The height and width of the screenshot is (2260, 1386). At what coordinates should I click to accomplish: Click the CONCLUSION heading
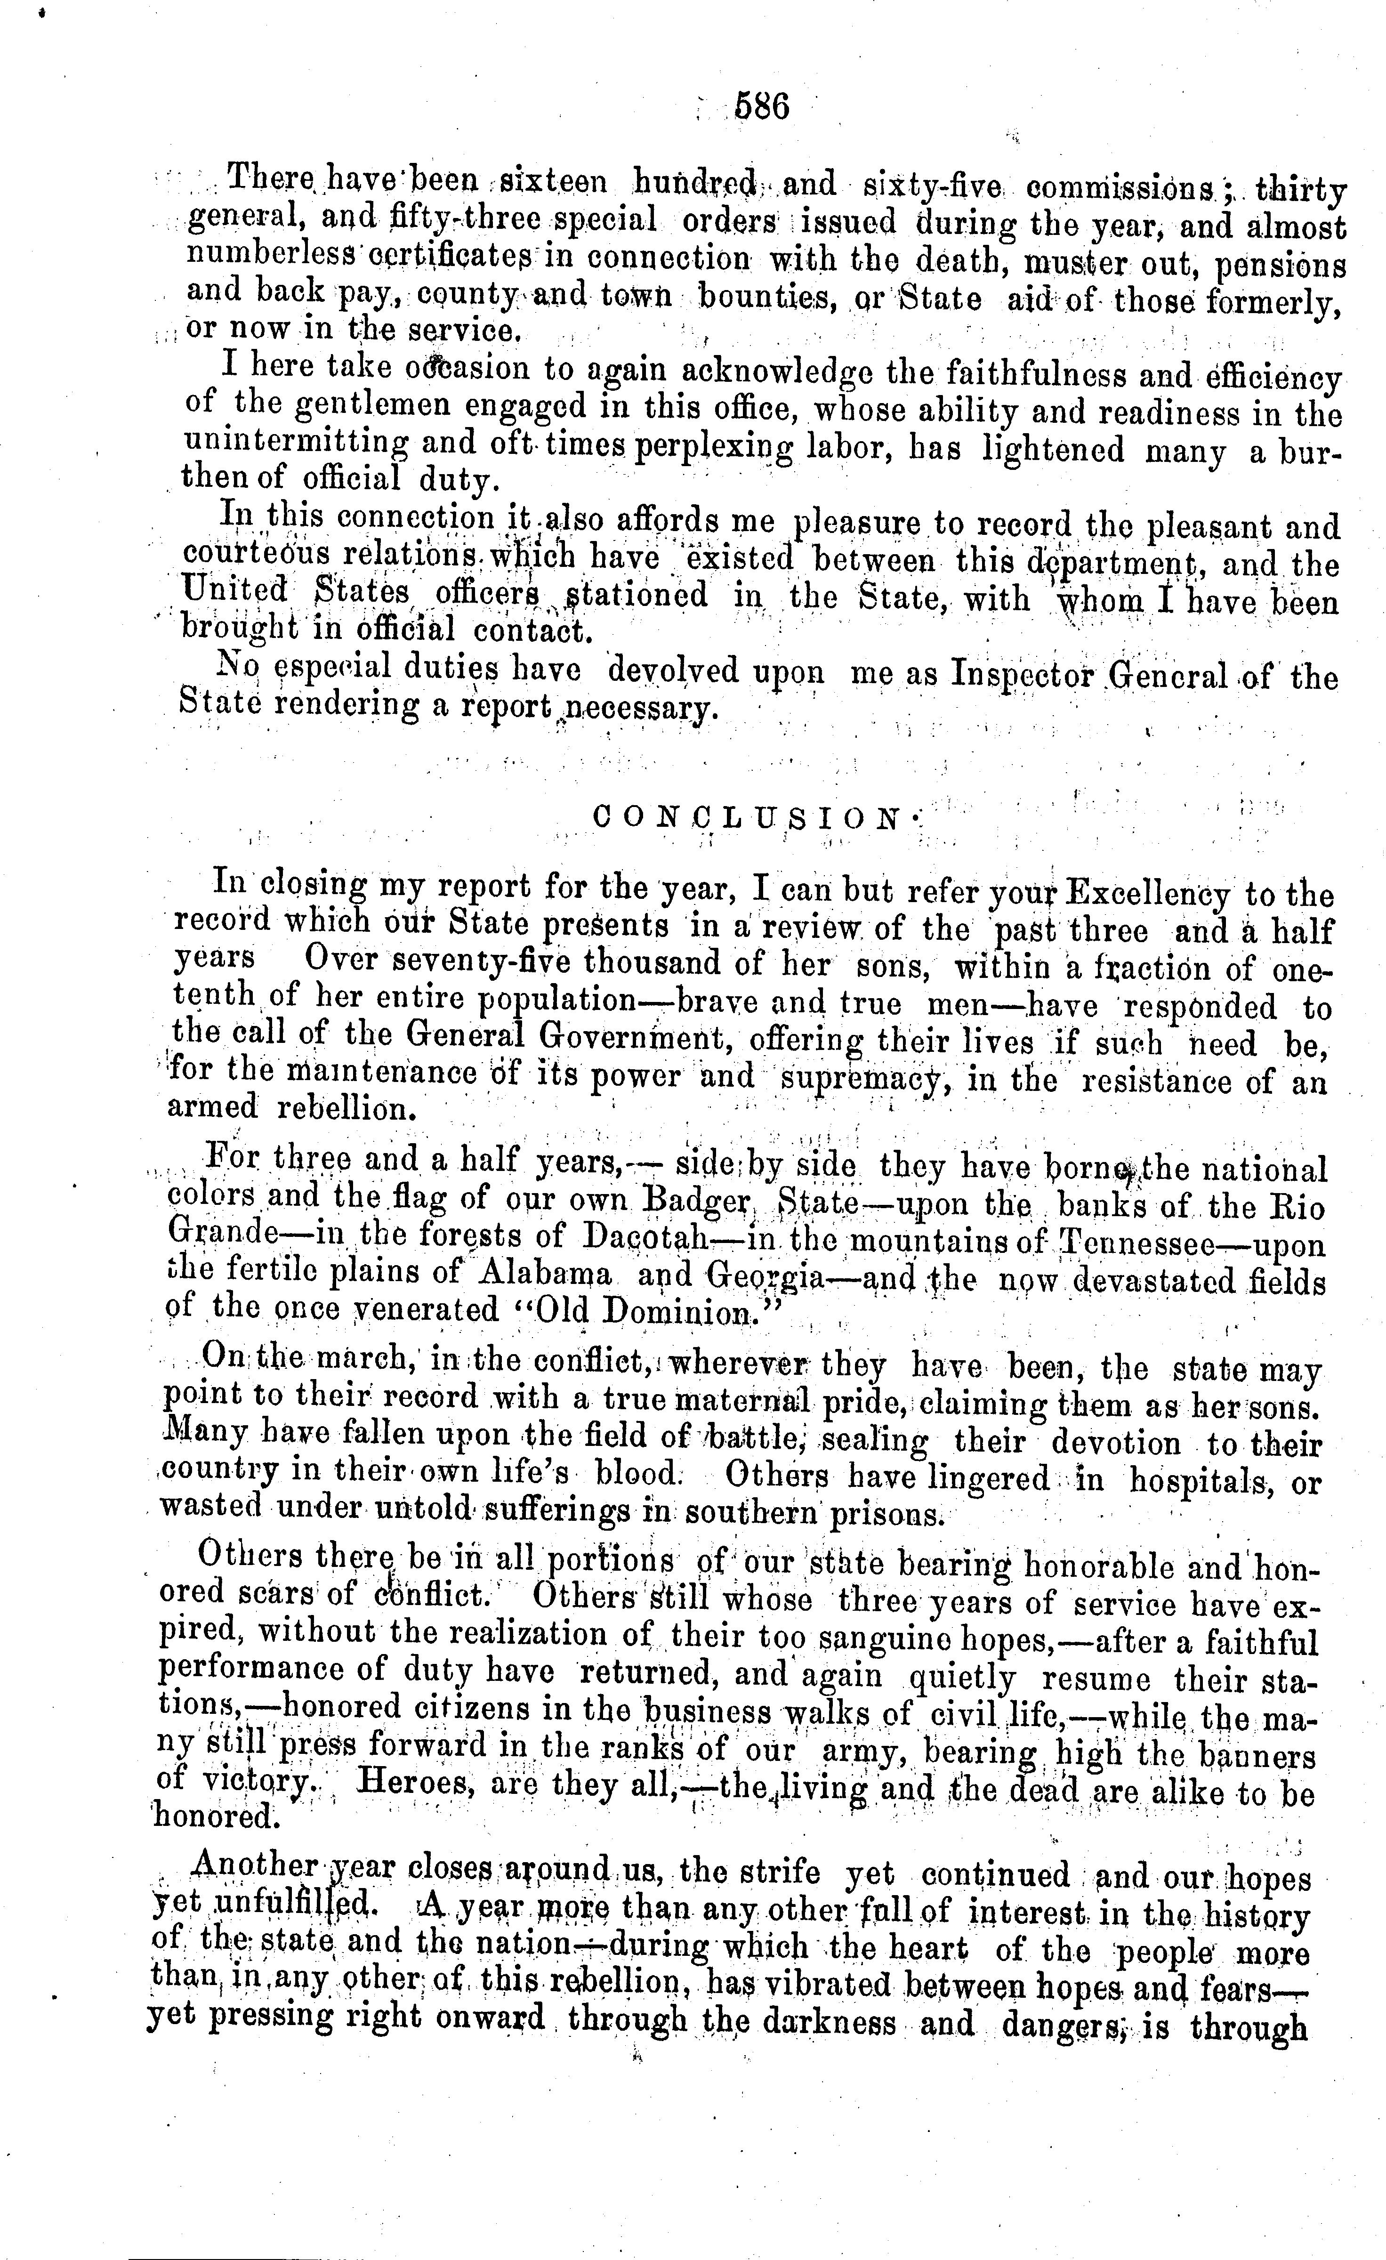click(x=748, y=816)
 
